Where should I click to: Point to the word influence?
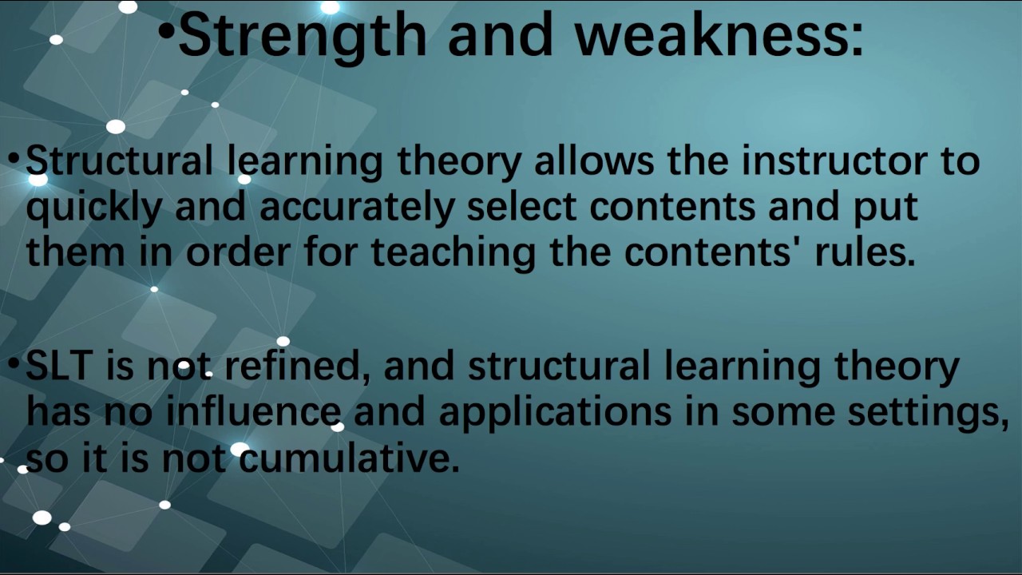pyautogui.click(x=253, y=411)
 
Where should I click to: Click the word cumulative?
pyautogui.click(x=348, y=459)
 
